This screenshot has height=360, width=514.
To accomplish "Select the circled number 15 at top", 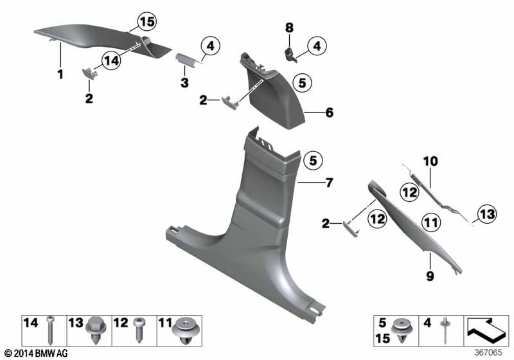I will pyautogui.click(x=146, y=22).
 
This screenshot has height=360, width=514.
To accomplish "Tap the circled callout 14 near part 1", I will pyautogui.click(x=111, y=60).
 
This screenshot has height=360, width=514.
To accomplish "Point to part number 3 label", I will pyautogui.click(x=184, y=83).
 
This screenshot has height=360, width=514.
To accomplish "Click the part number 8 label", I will pyautogui.click(x=288, y=28).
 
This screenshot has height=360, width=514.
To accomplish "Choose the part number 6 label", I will pyautogui.click(x=329, y=113).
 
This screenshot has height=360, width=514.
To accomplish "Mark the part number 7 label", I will pyautogui.click(x=329, y=183).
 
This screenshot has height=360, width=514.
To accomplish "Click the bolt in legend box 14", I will pyautogui.click(x=50, y=334).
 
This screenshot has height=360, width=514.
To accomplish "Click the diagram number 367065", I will pyautogui.click(x=493, y=353).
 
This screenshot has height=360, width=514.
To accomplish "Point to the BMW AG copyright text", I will pyautogui.click(x=37, y=353).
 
